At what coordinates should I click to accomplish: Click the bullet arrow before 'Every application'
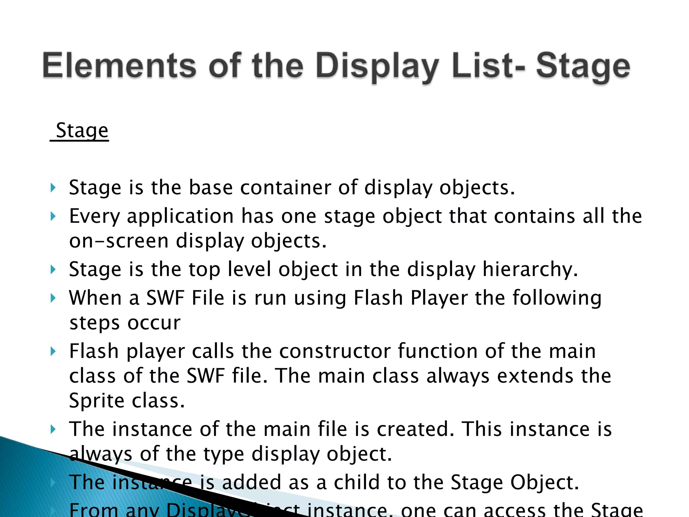coord(53,216)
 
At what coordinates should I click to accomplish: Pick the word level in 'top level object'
coord(249,269)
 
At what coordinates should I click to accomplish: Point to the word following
coord(557,299)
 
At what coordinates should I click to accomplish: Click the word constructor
coord(335,351)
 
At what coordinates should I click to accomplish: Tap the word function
coord(437,351)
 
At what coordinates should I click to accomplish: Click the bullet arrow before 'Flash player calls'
coord(53,351)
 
